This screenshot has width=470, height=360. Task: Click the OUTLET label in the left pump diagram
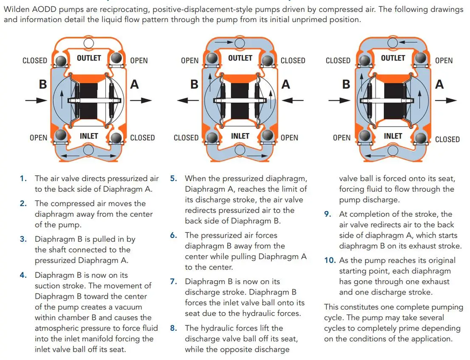pyautogui.click(x=89, y=58)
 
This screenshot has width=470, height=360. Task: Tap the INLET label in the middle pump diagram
pyautogui.click(x=240, y=136)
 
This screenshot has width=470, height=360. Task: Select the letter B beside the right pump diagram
pyautogui.click(x=346, y=84)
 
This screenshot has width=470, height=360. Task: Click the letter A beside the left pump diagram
pyautogui.click(x=134, y=84)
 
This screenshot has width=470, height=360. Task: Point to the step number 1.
pyautogui.click(x=23, y=179)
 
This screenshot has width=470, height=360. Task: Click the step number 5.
pyautogui.click(x=173, y=179)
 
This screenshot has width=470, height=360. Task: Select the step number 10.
pyautogui.click(x=329, y=260)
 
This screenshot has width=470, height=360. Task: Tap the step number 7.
pyautogui.click(x=173, y=282)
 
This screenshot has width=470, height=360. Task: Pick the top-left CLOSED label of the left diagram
pyautogui.click(x=35, y=61)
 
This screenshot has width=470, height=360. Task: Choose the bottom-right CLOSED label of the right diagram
pyautogui.click(x=447, y=139)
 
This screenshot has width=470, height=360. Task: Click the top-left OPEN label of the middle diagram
pyautogui.click(x=189, y=61)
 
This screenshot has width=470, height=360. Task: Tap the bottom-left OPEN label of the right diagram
pyautogui.click(x=341, y=138)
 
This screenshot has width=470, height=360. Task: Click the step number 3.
pyautogui.click(x=23, y=239)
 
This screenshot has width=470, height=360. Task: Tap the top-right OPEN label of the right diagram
pyautogui.click(x=444, y=61)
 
